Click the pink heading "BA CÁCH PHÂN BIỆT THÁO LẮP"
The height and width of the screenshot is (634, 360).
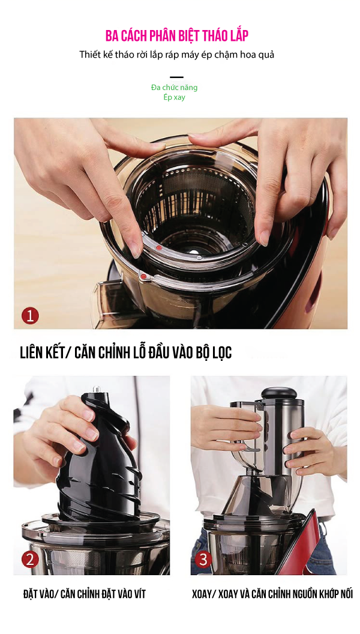point(176,35)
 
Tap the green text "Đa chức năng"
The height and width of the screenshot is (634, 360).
point(175,87)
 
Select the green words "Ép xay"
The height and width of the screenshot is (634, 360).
point(175,97)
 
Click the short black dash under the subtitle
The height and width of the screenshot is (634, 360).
point(176,77)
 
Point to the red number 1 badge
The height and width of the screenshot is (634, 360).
point(31,315)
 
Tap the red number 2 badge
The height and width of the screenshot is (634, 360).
point(31,559)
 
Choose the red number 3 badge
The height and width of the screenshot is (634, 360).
point(203,559)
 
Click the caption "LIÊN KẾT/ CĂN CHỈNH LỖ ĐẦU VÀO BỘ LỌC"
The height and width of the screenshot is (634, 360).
point(125,352)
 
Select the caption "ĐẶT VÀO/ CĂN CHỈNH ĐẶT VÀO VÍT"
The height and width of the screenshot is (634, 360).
point(85,594)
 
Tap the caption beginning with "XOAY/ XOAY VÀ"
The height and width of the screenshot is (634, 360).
point(272,594)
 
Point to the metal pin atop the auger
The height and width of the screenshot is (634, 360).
point(97,389)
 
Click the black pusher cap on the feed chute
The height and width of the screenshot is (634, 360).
point(279,393)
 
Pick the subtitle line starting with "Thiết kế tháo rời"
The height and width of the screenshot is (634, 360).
point(176,54)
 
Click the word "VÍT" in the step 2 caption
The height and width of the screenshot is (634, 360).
point(139,594)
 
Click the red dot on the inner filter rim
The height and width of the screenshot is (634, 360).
point(159,247)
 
